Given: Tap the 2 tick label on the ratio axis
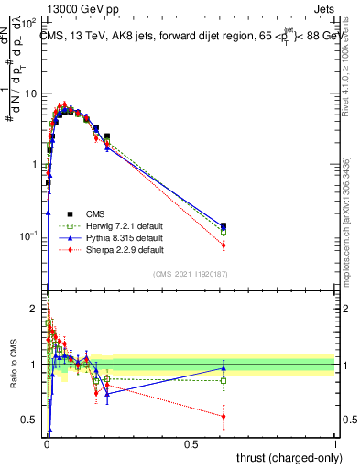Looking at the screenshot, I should point(33,309).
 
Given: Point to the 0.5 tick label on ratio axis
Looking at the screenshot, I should point(27,420).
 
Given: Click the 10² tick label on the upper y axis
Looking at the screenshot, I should point(28,23).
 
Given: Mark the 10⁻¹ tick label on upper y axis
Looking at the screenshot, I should point(28,235).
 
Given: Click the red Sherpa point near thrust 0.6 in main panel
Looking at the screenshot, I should point(224,245).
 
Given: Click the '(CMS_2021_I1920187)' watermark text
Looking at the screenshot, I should point(191,274).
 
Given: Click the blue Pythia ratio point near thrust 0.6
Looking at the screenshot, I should point(224,368).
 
